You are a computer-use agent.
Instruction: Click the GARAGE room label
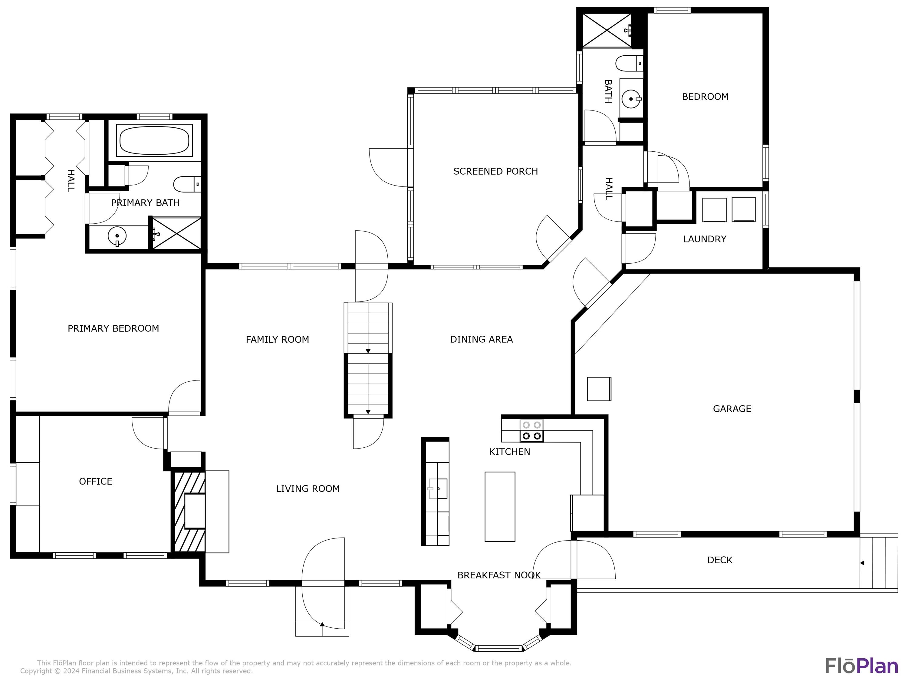point(732,409)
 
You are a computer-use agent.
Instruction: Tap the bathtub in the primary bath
point(154,140)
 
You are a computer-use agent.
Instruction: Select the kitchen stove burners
point(531,430)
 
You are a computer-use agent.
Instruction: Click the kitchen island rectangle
point(500,507)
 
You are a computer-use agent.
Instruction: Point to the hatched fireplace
point(190,512)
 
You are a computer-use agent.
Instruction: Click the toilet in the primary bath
point(187,184)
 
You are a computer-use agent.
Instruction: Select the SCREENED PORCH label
point(495,172)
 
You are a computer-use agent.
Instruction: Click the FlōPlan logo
point(862,666)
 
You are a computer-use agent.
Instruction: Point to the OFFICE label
point(96,482)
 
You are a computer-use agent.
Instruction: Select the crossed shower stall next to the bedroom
point(607,30)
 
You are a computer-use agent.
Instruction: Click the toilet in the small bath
point(629,63)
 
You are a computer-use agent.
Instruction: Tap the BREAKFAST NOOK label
point(499,575)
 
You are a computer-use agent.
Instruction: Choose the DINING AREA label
point(482,340)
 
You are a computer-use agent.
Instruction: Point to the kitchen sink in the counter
point(438,489)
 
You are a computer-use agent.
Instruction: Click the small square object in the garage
point(599,389)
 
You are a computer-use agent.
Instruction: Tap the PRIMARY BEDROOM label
point(113,328)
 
